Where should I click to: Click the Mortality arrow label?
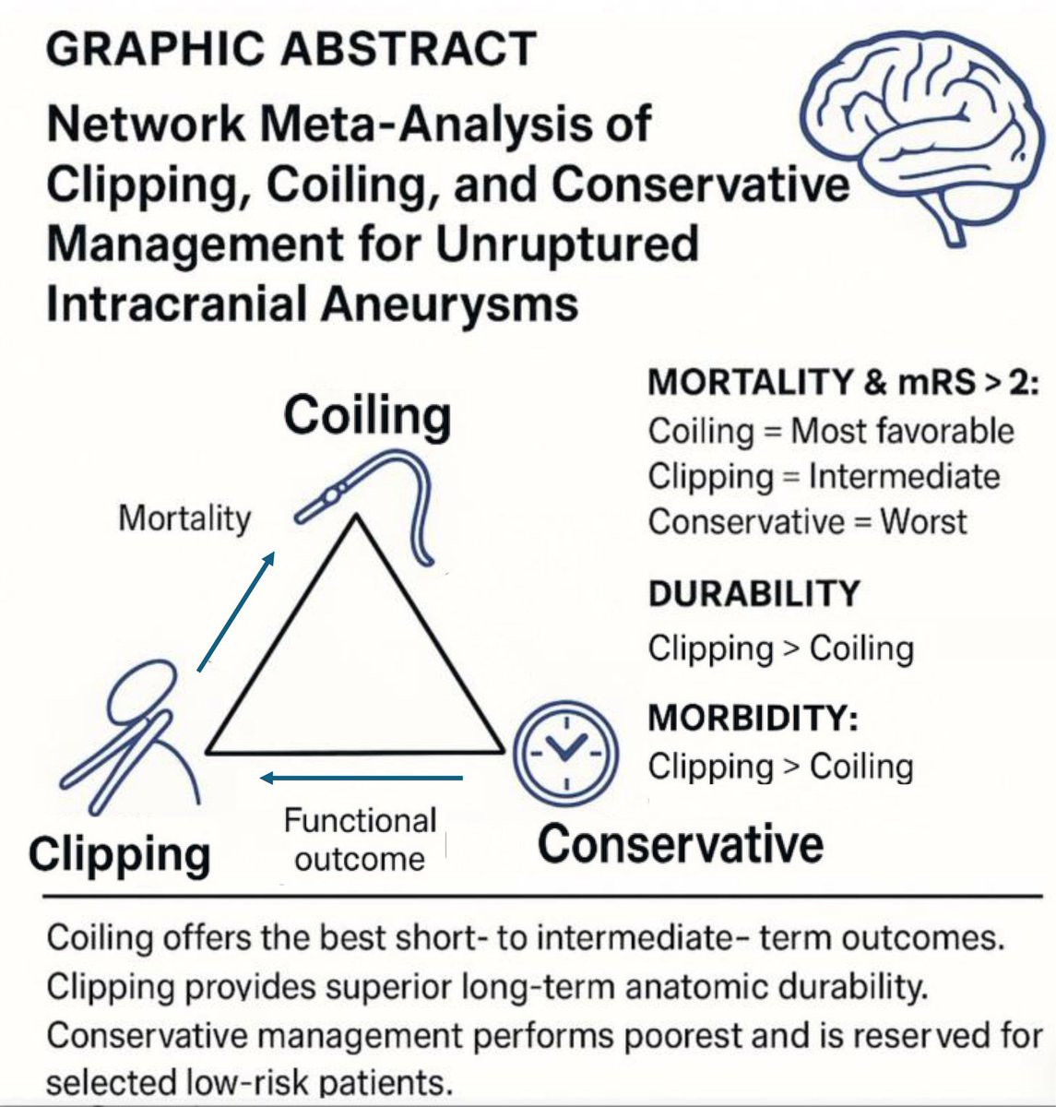point(184,518)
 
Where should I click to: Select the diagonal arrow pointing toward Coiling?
point(236,611)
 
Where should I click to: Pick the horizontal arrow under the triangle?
point(361,779)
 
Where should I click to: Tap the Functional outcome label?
point(361,839)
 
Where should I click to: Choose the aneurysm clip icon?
point(131,736)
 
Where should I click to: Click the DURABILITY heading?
point(754,593)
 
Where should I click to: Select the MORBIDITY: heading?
point(753,718)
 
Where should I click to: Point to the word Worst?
point(924,521)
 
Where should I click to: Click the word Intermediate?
point(904,476)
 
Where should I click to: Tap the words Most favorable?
point(902,432)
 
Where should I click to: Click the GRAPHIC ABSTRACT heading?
point(291,48)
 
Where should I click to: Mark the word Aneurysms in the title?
point(450,304)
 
